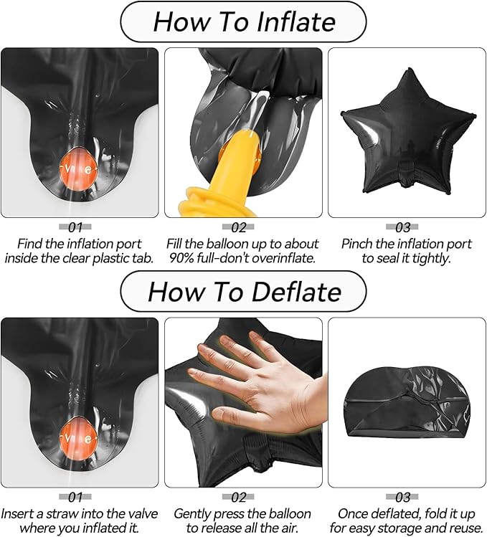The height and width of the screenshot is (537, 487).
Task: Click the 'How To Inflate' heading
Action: (x=244, y=22)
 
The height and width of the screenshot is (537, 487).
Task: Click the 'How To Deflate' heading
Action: (x=244, y=292)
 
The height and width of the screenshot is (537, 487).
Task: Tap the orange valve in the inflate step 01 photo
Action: (x=77, y=168)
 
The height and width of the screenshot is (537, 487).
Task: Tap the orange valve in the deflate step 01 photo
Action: (x=77, y=437)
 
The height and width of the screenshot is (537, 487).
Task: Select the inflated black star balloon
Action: (x=408, y=132)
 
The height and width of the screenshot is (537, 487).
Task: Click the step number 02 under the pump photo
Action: (x=239, y=227)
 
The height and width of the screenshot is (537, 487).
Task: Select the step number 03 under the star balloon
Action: (x=402, y=227)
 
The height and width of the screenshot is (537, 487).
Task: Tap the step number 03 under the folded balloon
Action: (x=402, y=497)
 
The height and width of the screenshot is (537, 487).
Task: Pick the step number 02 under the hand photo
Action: (x=239, y=497)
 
